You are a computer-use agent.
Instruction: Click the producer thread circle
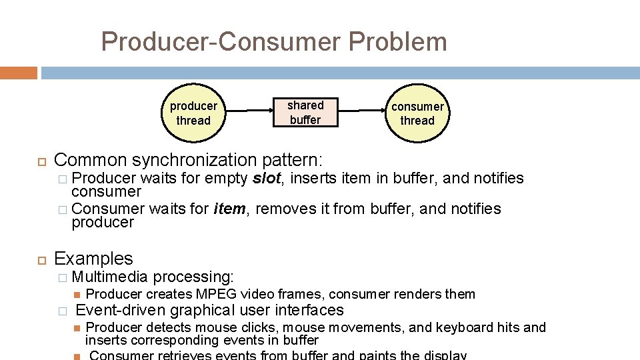coord(193,113)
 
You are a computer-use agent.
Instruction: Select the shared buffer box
coord(305,113)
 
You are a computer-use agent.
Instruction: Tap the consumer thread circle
coord(417,113)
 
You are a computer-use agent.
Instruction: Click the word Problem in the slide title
coord(397,42)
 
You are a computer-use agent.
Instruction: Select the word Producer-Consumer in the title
coord(220,42)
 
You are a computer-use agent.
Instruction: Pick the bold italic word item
coord(230,209)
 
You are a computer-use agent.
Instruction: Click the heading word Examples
coord(93,259)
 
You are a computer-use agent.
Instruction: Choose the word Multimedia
coord(109,277)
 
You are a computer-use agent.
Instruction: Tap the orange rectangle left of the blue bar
coord(18,72)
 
